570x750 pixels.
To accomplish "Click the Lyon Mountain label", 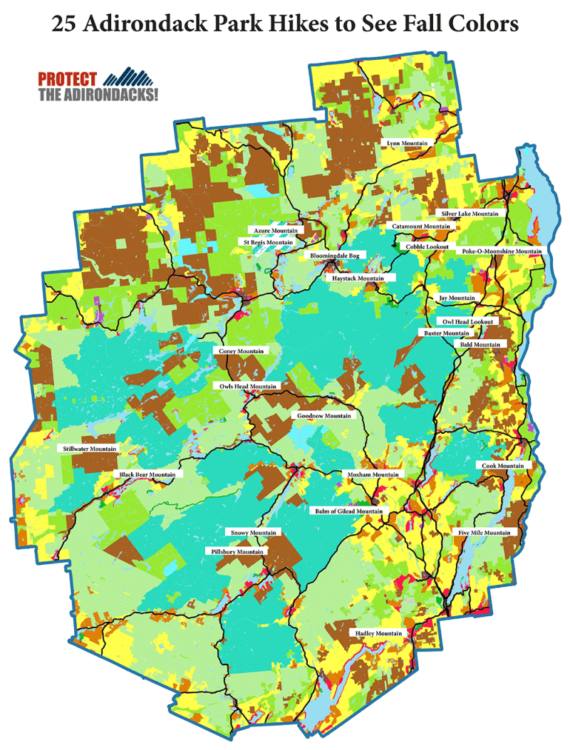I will click(x=408, y=143).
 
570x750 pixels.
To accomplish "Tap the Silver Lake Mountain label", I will click(x=470, y=214).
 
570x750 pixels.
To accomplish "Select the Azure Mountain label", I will click(x=274, y=231).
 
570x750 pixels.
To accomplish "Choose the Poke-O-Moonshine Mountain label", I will click(x=502, y=251).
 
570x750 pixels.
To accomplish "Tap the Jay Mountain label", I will click(x=454, y=298).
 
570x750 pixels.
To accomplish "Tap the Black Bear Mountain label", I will click(x=147, y=474).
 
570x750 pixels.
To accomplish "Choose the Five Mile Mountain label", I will click(x=482, y=533).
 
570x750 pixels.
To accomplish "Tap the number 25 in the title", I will click(x=65, y=24).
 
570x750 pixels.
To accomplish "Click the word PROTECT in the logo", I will click(x=68, y=78).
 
